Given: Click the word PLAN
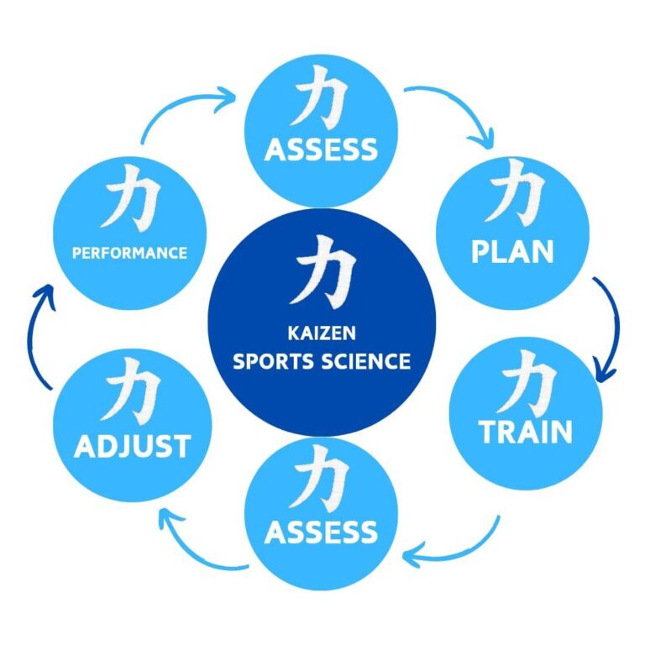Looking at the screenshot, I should [x=512, y=252].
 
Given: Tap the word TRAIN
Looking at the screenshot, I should [x=526, y=432].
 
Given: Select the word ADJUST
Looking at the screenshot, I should [x=132, y=446].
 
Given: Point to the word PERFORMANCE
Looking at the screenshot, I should [x=129, y=252].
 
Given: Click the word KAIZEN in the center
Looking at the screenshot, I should [x=322, y=334].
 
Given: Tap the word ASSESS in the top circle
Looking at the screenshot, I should [x=321, y=149].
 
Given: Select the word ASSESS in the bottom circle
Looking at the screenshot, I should [x=321, y=532].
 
